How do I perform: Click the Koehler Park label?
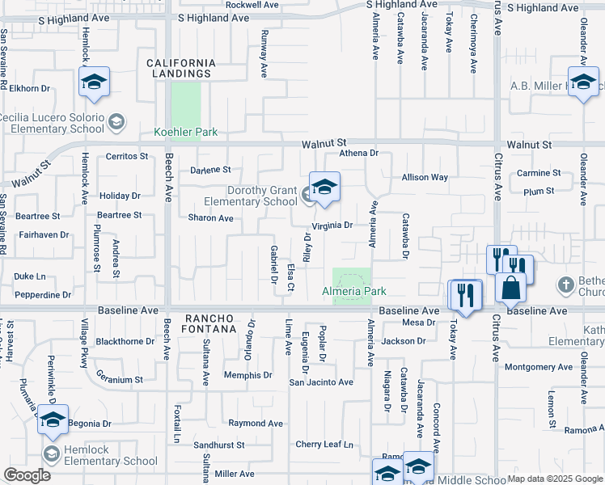186,132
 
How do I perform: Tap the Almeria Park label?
353,291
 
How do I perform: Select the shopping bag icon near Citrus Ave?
511,288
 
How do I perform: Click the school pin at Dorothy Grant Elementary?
324,188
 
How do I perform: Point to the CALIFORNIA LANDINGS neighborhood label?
181,68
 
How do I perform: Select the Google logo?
27,475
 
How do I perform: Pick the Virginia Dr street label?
332,226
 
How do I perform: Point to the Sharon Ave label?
210,218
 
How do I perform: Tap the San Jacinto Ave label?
321,382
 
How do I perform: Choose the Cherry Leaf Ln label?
324,445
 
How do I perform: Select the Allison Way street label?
425,177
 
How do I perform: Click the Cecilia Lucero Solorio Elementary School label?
52,123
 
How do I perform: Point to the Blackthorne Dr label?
125,341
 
